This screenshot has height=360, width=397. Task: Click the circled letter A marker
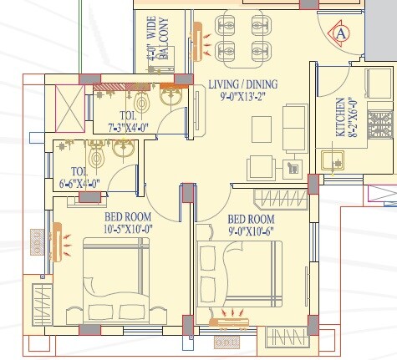point(341,33)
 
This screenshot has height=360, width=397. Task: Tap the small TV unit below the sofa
point(293,167)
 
